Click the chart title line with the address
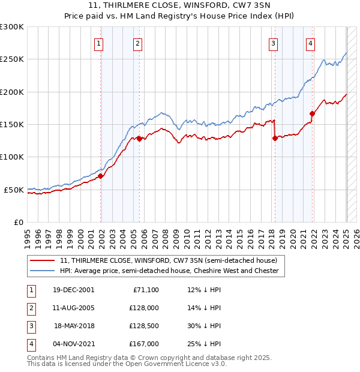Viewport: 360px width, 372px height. click(179, 7)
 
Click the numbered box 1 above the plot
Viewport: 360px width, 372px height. click(98, 43)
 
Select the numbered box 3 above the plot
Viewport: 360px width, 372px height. click(273, 43)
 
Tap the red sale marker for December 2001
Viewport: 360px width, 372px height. click(100, 176)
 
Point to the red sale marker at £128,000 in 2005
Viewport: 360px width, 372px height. click(139, 139)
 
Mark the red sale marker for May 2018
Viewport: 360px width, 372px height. click(275, 138)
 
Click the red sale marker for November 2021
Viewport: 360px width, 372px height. click(312, 113)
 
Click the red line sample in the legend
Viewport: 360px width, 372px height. click(42, 260)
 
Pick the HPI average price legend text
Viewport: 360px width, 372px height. click(169, 271)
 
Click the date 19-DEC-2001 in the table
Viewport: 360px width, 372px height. click(74, 290)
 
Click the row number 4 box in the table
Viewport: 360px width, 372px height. click(30, 344)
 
